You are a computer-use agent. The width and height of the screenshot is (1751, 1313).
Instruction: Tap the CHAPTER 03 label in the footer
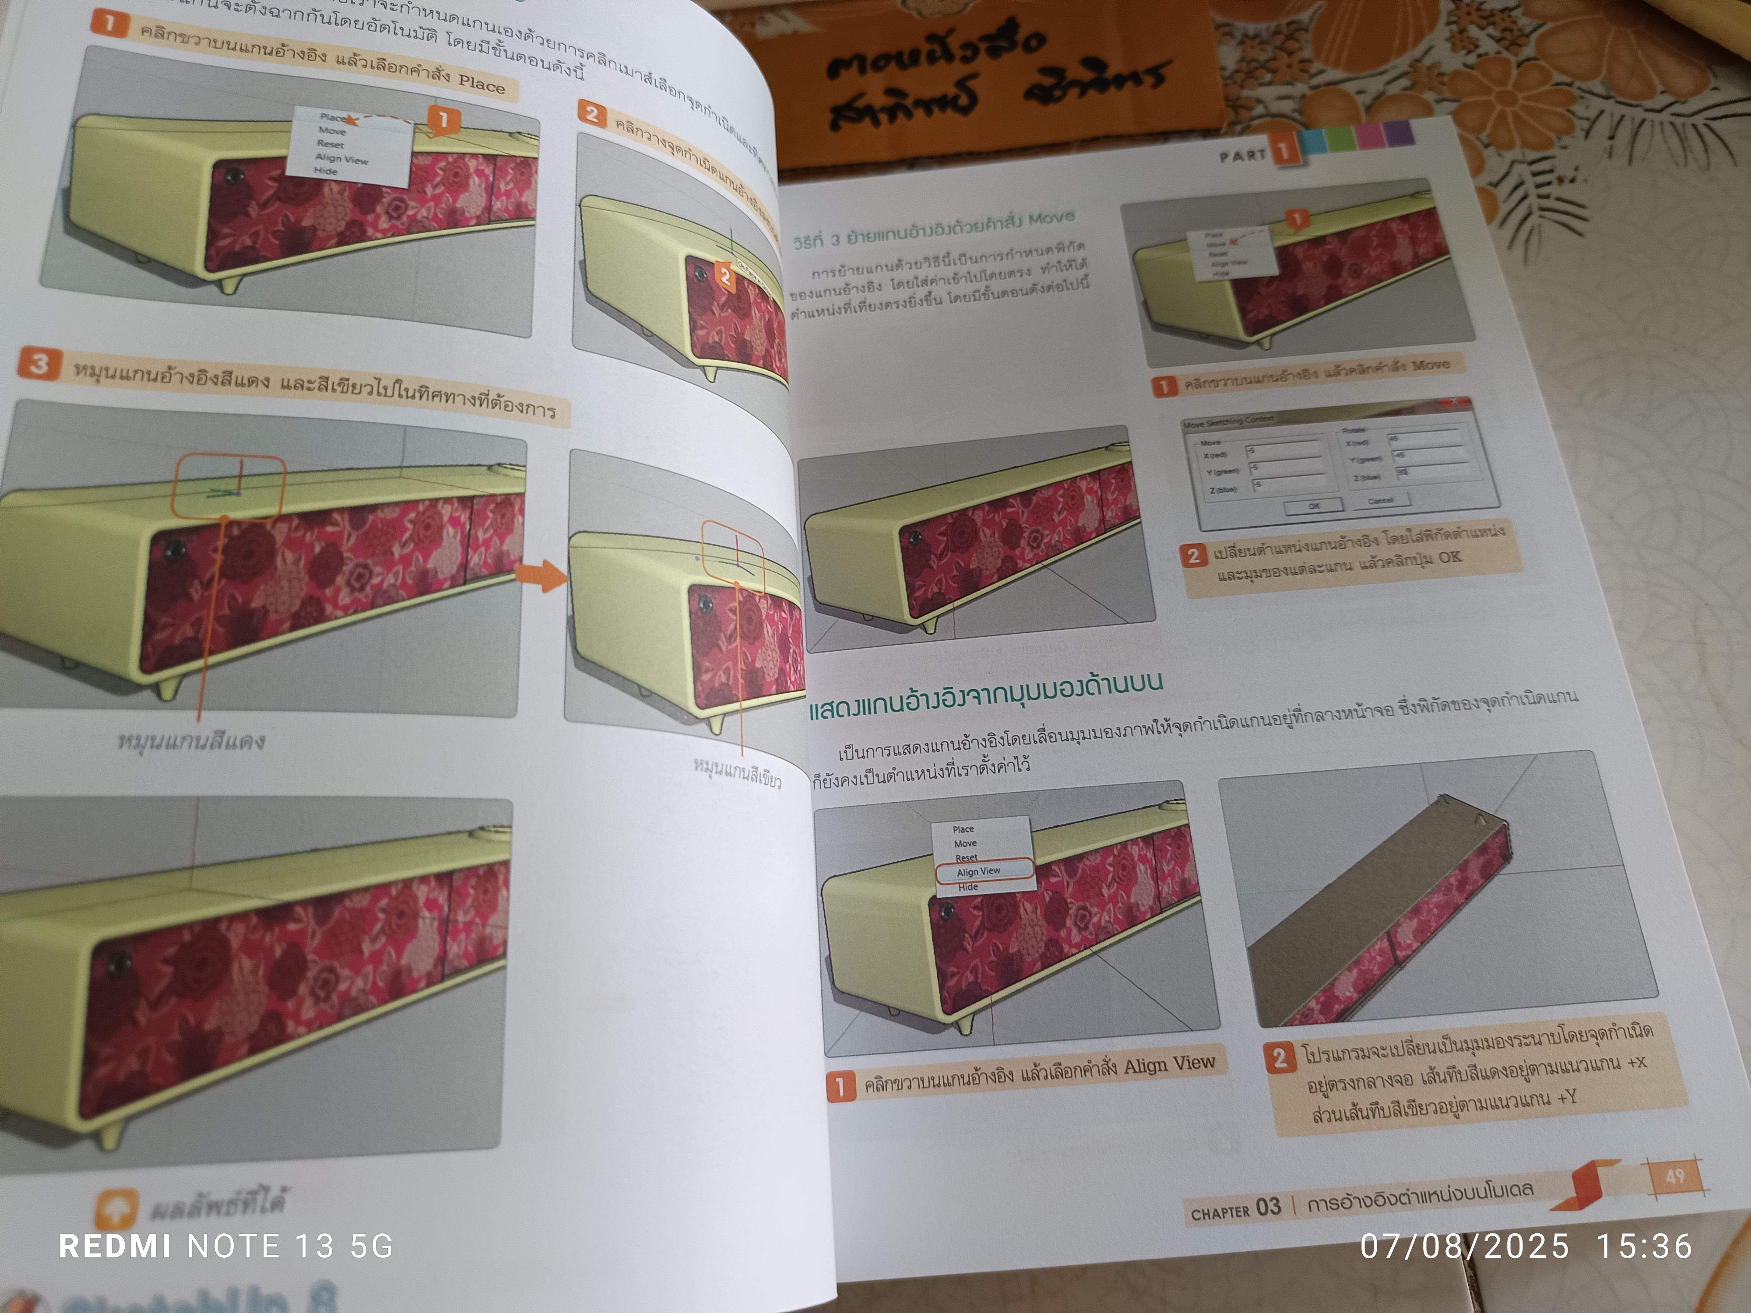pos(1235,1209)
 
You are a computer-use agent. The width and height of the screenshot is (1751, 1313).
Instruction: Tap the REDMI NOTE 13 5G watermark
pos(225,1246)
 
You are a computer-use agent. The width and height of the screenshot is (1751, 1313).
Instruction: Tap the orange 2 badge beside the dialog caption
pos(1193,555)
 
